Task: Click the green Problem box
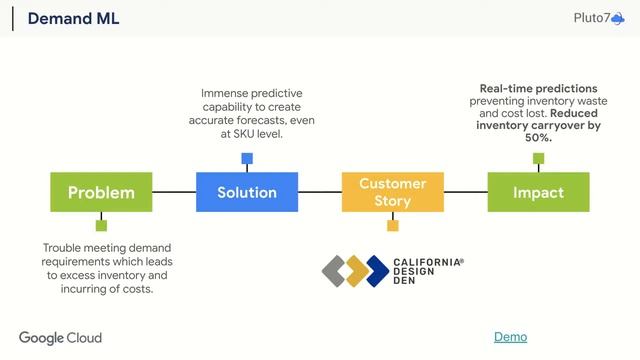pos(101,192)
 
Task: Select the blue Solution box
pos(247,192)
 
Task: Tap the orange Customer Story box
pos(393,192)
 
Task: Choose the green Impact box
pos(538,192)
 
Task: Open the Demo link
pos(510,337)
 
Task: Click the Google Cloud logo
pos(60,338)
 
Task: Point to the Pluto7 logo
pos(599,18)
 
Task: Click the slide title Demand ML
pos(73,18)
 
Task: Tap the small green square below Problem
pos(101,226)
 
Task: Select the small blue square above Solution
pos(247,158)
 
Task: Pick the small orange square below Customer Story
pos(393,226)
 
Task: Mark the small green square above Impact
pos(538,158)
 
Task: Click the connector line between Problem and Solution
pos(174,192)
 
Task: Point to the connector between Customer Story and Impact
pos(465,192)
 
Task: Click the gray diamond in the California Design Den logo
pos(334,270)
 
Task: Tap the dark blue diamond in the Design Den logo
pos(377,270)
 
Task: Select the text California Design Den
pos(429,270)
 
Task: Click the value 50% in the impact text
pos(538,138)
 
